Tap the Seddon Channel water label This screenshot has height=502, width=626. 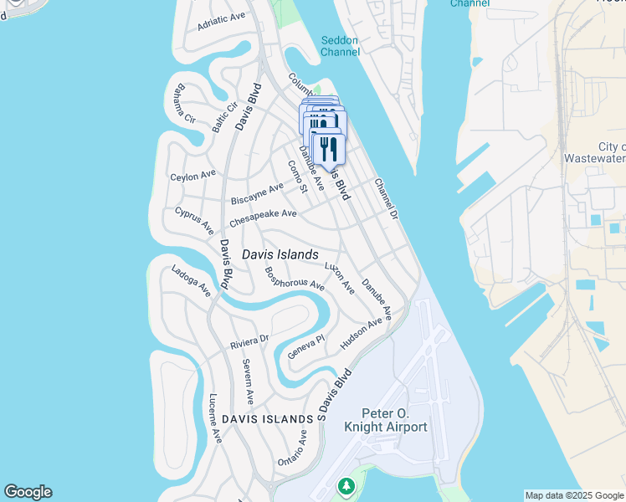(x=340, y=46)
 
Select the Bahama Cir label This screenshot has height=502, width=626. (x=180, y=102)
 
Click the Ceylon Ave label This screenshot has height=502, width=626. (x=192, y=176)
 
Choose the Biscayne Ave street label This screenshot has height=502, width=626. (x=257, y=193)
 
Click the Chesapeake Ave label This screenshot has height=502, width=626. (x=263, y=218)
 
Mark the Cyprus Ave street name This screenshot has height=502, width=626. (x=194, y=221)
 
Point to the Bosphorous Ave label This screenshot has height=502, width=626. (x=294, y=279)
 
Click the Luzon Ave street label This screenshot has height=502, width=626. (x=339, y=278)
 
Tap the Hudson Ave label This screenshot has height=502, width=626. (x=361, y=333)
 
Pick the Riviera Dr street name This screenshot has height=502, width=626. (x=249, y=342)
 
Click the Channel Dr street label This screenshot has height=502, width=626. (x=385, y=198)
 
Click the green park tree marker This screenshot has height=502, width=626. (x=346, y=486)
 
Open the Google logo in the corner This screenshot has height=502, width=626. (x=28, y=492)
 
